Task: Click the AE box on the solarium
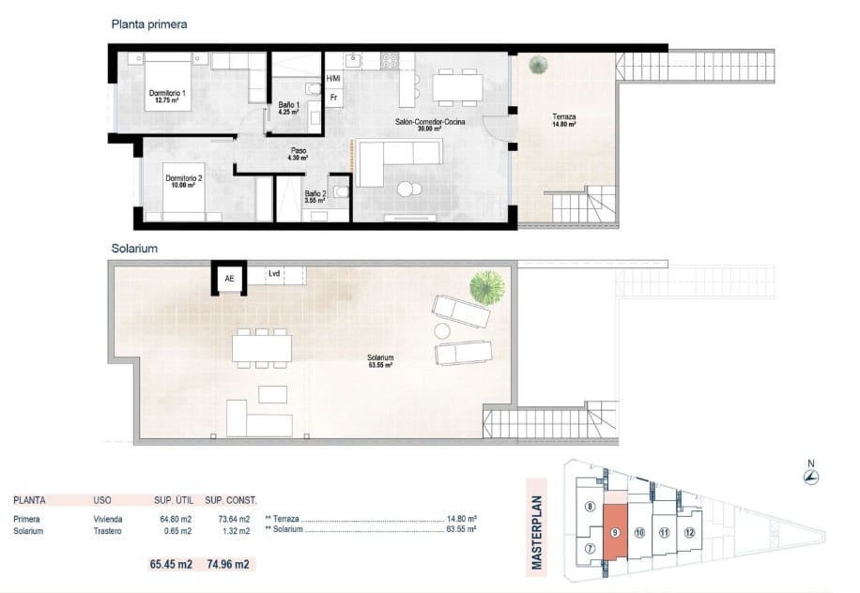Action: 229,278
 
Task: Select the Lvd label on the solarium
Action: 274,274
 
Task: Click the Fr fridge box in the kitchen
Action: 333,98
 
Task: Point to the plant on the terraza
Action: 538,65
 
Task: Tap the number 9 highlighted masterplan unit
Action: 614,533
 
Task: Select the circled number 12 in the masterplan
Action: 690,533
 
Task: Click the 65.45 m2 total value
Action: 172,564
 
